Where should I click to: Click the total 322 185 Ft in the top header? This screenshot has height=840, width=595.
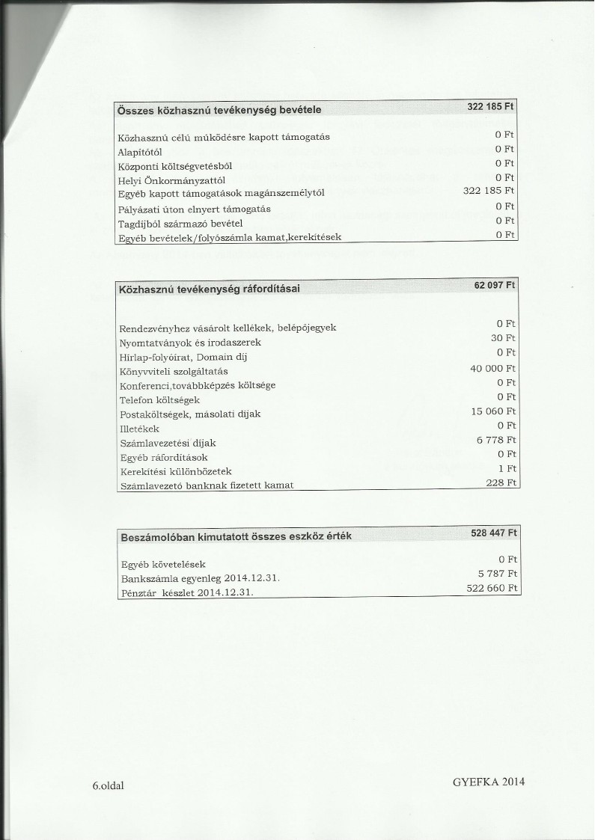[490, 106]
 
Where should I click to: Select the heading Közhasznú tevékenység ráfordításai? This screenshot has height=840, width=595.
[209, 289]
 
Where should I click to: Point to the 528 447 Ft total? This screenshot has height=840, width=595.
[493, 533]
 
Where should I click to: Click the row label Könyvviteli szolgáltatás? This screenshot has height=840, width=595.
[174, 371]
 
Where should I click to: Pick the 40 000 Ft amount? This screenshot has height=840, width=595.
[492, 368]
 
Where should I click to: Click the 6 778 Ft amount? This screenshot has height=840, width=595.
[497, 440]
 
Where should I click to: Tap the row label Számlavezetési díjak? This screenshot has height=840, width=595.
[168, 443]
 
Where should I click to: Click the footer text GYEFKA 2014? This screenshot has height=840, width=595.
[488, 781]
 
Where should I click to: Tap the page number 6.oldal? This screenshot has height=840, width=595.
[108, 785]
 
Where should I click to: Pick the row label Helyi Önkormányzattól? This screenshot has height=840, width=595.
[172, 180]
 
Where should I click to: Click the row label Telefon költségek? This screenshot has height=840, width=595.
[159, 400]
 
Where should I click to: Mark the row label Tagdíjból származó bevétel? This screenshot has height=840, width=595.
[181, 223]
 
